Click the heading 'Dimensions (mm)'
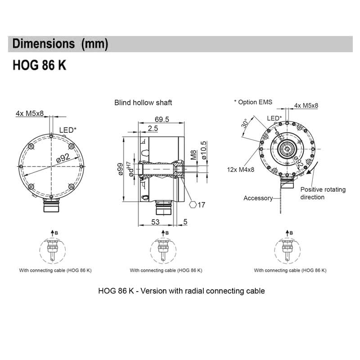[60, 44]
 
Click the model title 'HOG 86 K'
[40, 66]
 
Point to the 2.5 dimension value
[153, 129]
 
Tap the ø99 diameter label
[120, 170]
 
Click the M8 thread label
[194, 155]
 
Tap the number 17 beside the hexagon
[201, 205]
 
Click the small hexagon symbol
[193, 205]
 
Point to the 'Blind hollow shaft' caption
[143, 103]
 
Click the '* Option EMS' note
[253, 102]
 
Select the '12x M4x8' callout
[241, 170]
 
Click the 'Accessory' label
[258, 198]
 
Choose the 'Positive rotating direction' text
[323, 193]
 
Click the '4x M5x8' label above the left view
[30, 113]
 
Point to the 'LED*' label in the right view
[274, 118]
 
